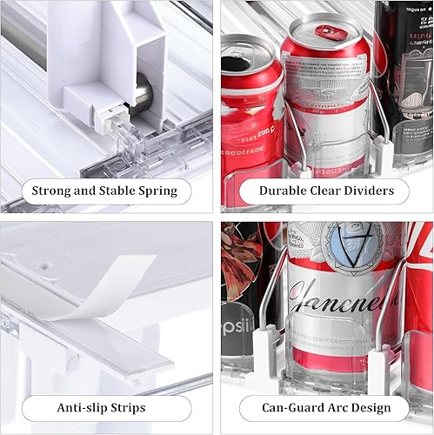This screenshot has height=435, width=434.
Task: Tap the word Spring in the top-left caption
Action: click(154, 191)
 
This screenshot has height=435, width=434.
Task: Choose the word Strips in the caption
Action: click(143, 407)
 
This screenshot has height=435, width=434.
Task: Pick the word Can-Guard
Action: click(287, 407)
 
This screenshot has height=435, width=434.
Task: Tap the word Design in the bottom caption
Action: click(381, 407)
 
